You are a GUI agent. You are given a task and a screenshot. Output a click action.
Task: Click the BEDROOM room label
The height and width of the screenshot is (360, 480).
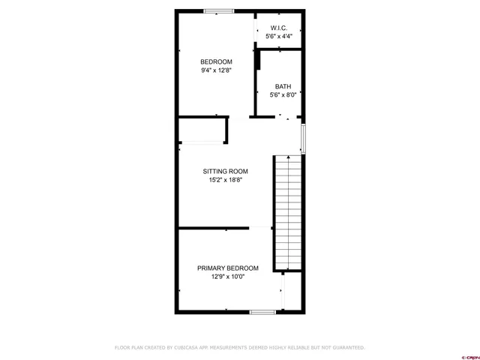click(x=216, y=61)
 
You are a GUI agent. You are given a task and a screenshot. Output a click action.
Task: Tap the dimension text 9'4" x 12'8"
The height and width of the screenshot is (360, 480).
click(x=216, y=70)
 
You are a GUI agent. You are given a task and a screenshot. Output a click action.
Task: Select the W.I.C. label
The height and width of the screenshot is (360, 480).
click(x=279, y=28)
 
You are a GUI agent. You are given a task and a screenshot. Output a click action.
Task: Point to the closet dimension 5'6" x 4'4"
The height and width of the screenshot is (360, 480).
click(x=279, y=36)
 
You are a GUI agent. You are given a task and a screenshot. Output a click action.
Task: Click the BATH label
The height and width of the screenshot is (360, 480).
click(x=283, y=85)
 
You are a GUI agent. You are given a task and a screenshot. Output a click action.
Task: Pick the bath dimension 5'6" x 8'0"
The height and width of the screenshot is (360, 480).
click(x=283, y=94)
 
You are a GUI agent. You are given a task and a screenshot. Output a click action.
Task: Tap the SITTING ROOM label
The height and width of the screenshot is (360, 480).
click(x=226, y=171)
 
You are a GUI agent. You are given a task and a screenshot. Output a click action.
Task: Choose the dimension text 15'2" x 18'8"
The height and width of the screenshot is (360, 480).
click(x=226, y=180)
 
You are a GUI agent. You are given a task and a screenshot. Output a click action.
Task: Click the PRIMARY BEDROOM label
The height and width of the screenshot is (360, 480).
click(x=228, y=268)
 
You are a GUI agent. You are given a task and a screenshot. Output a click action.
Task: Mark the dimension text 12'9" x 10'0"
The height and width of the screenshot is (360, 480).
click(x=228, y=277)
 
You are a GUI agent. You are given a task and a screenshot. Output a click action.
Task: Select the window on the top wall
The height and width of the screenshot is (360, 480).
click(x=218, y=10)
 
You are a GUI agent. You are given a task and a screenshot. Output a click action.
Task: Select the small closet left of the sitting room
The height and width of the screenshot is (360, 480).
click(x=202, y=131)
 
